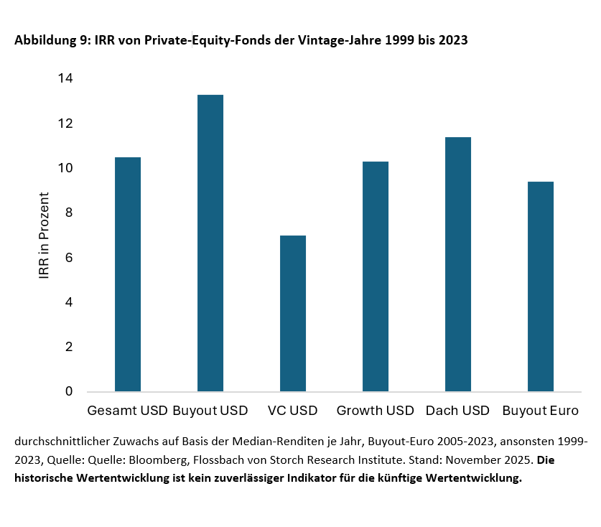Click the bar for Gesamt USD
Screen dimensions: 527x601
coord(128,274)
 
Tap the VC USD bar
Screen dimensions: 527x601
coord(293,313)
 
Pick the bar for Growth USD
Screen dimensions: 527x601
coord(376,276)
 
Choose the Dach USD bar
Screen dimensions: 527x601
coord(458,264)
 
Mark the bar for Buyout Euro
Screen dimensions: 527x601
coord(541,286)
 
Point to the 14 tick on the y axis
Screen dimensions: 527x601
coord(66,78)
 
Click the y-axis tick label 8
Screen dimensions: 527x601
coord(69,213)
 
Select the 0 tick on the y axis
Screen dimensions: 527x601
coord(69,391)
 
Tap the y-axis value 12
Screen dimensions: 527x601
coord(66,123)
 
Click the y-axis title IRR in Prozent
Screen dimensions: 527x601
coord(45,235)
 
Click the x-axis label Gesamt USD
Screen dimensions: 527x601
coord(127,411)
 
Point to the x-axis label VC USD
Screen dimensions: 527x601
coord(292,411)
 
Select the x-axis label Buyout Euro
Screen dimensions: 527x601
coord(540,411)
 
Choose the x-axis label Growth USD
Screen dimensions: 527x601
coord(375,411)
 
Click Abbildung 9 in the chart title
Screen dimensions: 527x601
coord(48,41)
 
